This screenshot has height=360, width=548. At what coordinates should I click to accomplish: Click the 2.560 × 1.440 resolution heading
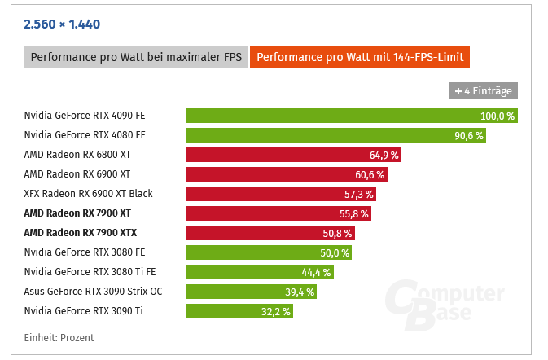(x=62, y=24)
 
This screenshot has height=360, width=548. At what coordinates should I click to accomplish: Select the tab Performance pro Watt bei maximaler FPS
(x=136, y=58)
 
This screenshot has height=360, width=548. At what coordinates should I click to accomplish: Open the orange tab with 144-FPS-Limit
(x=360, y=58)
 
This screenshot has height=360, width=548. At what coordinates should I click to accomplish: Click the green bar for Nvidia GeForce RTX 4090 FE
(x=352, y=116)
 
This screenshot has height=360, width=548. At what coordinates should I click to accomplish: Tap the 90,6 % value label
(x=468, y=135)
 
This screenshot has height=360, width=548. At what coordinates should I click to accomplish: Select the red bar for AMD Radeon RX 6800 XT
(x=293, y=155)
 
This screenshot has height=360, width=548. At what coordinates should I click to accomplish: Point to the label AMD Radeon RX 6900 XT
(x=77, y=174)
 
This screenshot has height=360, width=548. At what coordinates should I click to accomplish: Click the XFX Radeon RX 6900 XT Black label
(x=88, y=194)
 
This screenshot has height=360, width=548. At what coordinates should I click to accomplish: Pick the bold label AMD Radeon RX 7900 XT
(x=77, y=213)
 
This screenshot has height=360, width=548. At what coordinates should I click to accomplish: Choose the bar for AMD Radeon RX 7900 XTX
(x=270, y=233)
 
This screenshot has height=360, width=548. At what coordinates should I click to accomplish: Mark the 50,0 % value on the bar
(x=335, y=252)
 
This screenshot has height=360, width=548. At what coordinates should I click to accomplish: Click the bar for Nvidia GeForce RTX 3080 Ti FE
(x=260, y=272)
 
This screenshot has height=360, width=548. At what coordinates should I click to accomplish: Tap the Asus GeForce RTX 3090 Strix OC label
(x=93, y=292)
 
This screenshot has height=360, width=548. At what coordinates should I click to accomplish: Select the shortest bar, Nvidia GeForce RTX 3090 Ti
(x=239, y=311)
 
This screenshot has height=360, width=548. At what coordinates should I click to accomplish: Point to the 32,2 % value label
(x=274, y=311)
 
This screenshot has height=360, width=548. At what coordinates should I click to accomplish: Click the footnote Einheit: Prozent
(x=59, y=337)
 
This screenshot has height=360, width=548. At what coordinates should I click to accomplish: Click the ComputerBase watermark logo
(x=444, y=305)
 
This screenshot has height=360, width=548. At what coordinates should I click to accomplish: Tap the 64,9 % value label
(x=384, y=155)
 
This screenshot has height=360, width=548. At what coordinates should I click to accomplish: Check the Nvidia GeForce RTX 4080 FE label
(x=85, y=135)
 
